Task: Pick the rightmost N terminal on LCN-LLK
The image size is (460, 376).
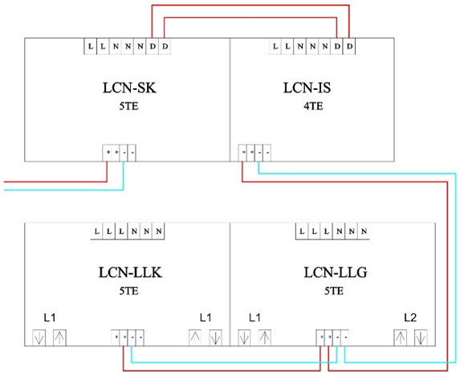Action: [x=161, y=231]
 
